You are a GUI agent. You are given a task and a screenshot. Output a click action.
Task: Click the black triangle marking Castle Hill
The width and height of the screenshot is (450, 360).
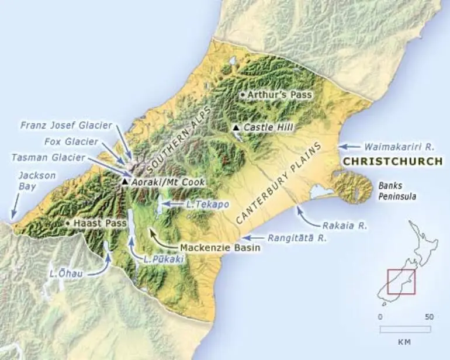(236, 127)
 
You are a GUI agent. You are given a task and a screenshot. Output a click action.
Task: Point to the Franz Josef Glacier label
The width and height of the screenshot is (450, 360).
(66, 125)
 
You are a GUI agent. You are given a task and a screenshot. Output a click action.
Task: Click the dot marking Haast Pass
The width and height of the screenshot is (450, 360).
(69, 223)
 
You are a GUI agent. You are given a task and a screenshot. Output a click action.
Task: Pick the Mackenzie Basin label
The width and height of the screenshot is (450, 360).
(220, 247)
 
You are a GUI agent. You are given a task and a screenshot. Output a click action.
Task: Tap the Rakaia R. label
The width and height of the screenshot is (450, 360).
(345, 225)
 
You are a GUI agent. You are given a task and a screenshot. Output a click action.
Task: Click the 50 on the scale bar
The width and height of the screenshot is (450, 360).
(429, 317)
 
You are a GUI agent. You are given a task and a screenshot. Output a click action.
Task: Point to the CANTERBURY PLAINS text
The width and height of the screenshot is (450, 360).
(279, 182)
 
